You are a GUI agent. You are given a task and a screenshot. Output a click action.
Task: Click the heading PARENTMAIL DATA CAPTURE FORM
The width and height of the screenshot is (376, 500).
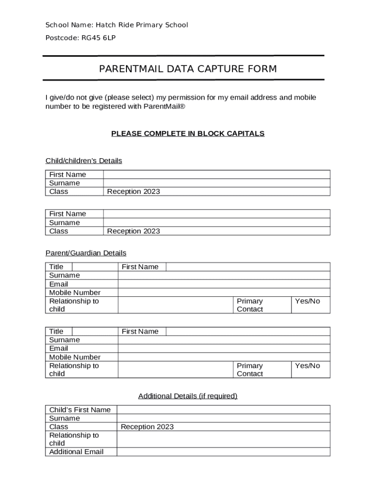click(188, 69)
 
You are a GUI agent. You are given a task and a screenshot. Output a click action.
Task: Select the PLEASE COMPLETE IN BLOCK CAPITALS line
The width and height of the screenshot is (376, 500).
click(188, 133)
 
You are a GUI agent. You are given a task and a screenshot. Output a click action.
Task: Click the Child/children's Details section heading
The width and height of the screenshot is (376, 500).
click(84, 161)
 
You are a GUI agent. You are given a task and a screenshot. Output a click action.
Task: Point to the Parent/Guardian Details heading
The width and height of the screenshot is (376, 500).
click(86, 253)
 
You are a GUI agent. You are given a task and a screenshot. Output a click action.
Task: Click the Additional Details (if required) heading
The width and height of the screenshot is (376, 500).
click(188, 396)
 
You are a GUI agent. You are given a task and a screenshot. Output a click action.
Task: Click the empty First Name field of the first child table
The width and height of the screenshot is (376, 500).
click(216, 174)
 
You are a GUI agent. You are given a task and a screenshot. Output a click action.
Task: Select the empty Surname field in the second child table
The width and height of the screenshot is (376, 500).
click(216, 223)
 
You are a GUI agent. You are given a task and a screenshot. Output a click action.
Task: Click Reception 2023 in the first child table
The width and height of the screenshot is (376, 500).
click(133, 191)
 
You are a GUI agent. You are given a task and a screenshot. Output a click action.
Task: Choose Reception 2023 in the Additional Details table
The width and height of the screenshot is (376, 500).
click(147, 427)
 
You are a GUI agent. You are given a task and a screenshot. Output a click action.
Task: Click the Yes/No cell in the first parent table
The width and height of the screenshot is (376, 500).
click(308, 301)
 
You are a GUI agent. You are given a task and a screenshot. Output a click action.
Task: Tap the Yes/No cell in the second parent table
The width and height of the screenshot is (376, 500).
click(308, 366)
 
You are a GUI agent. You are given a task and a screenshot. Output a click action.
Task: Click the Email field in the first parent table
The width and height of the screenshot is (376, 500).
click(224, 284)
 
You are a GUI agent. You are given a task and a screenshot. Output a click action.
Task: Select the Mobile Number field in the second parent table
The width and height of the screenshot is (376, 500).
click(224, 357)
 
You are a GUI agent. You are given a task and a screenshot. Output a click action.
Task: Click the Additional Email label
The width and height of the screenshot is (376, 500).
click(76, 452)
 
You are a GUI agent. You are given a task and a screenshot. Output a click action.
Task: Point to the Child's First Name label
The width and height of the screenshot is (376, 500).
click(80, 410)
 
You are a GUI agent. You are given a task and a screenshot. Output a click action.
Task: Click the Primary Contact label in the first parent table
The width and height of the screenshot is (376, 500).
click(250, 305)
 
